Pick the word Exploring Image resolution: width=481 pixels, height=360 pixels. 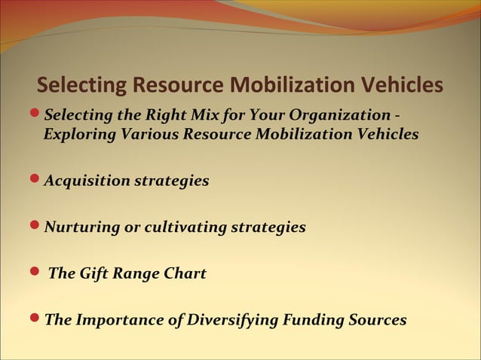(x=75, y=135)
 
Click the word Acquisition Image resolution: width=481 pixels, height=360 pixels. (x=85, y=181)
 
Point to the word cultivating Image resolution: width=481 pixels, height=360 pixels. (x=173, y=227)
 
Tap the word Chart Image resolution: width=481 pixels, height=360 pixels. (x=185, y=273)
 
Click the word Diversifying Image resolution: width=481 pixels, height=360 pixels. (x=231, y=320)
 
